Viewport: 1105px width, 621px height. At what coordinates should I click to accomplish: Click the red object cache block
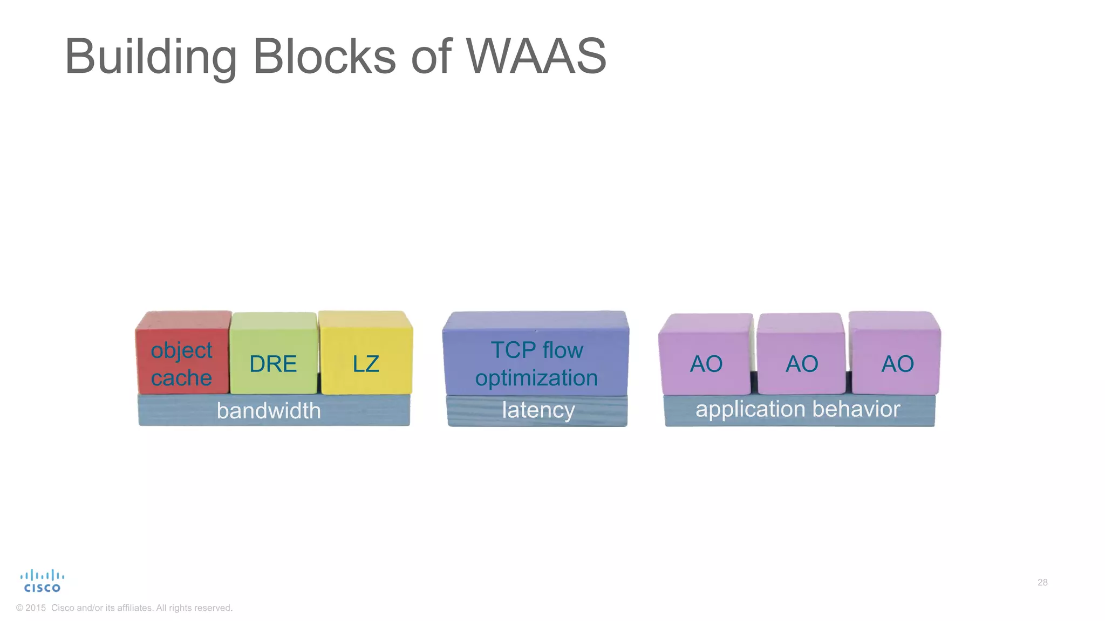pyautogui.click(x=182, y=353)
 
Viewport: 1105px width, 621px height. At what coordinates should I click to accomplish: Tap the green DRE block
pyautogui.click(x=273, y=356)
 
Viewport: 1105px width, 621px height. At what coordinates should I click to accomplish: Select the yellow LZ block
pyautogui.click(x=366, y=356)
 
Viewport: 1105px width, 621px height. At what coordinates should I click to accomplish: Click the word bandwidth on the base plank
pyautogui.click(x=269, y=411)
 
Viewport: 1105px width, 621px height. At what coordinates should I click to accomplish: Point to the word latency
pyautogui.click(x=538, y=410)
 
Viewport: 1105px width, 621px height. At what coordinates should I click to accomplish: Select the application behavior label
pyautogui.click(x=797, y=409)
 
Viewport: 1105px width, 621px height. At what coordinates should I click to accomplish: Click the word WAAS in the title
pyautogui.click(x=536, y=56)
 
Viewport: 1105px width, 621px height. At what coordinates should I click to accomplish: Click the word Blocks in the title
pyautogui.click(x=324, y=56)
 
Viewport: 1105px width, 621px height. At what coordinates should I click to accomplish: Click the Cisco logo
pyautogui.click(x=42, y=581)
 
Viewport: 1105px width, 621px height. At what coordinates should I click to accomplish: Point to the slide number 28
pyautogui.click(x=1042, y=582)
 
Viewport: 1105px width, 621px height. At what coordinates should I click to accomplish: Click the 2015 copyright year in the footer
pyautogui.click(x=36, y=608)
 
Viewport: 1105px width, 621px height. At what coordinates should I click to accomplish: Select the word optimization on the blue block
pyautogui.click(x=536, y=378)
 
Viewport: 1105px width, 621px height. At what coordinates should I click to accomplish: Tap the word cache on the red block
pyautogui.click(x=181, y=378)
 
